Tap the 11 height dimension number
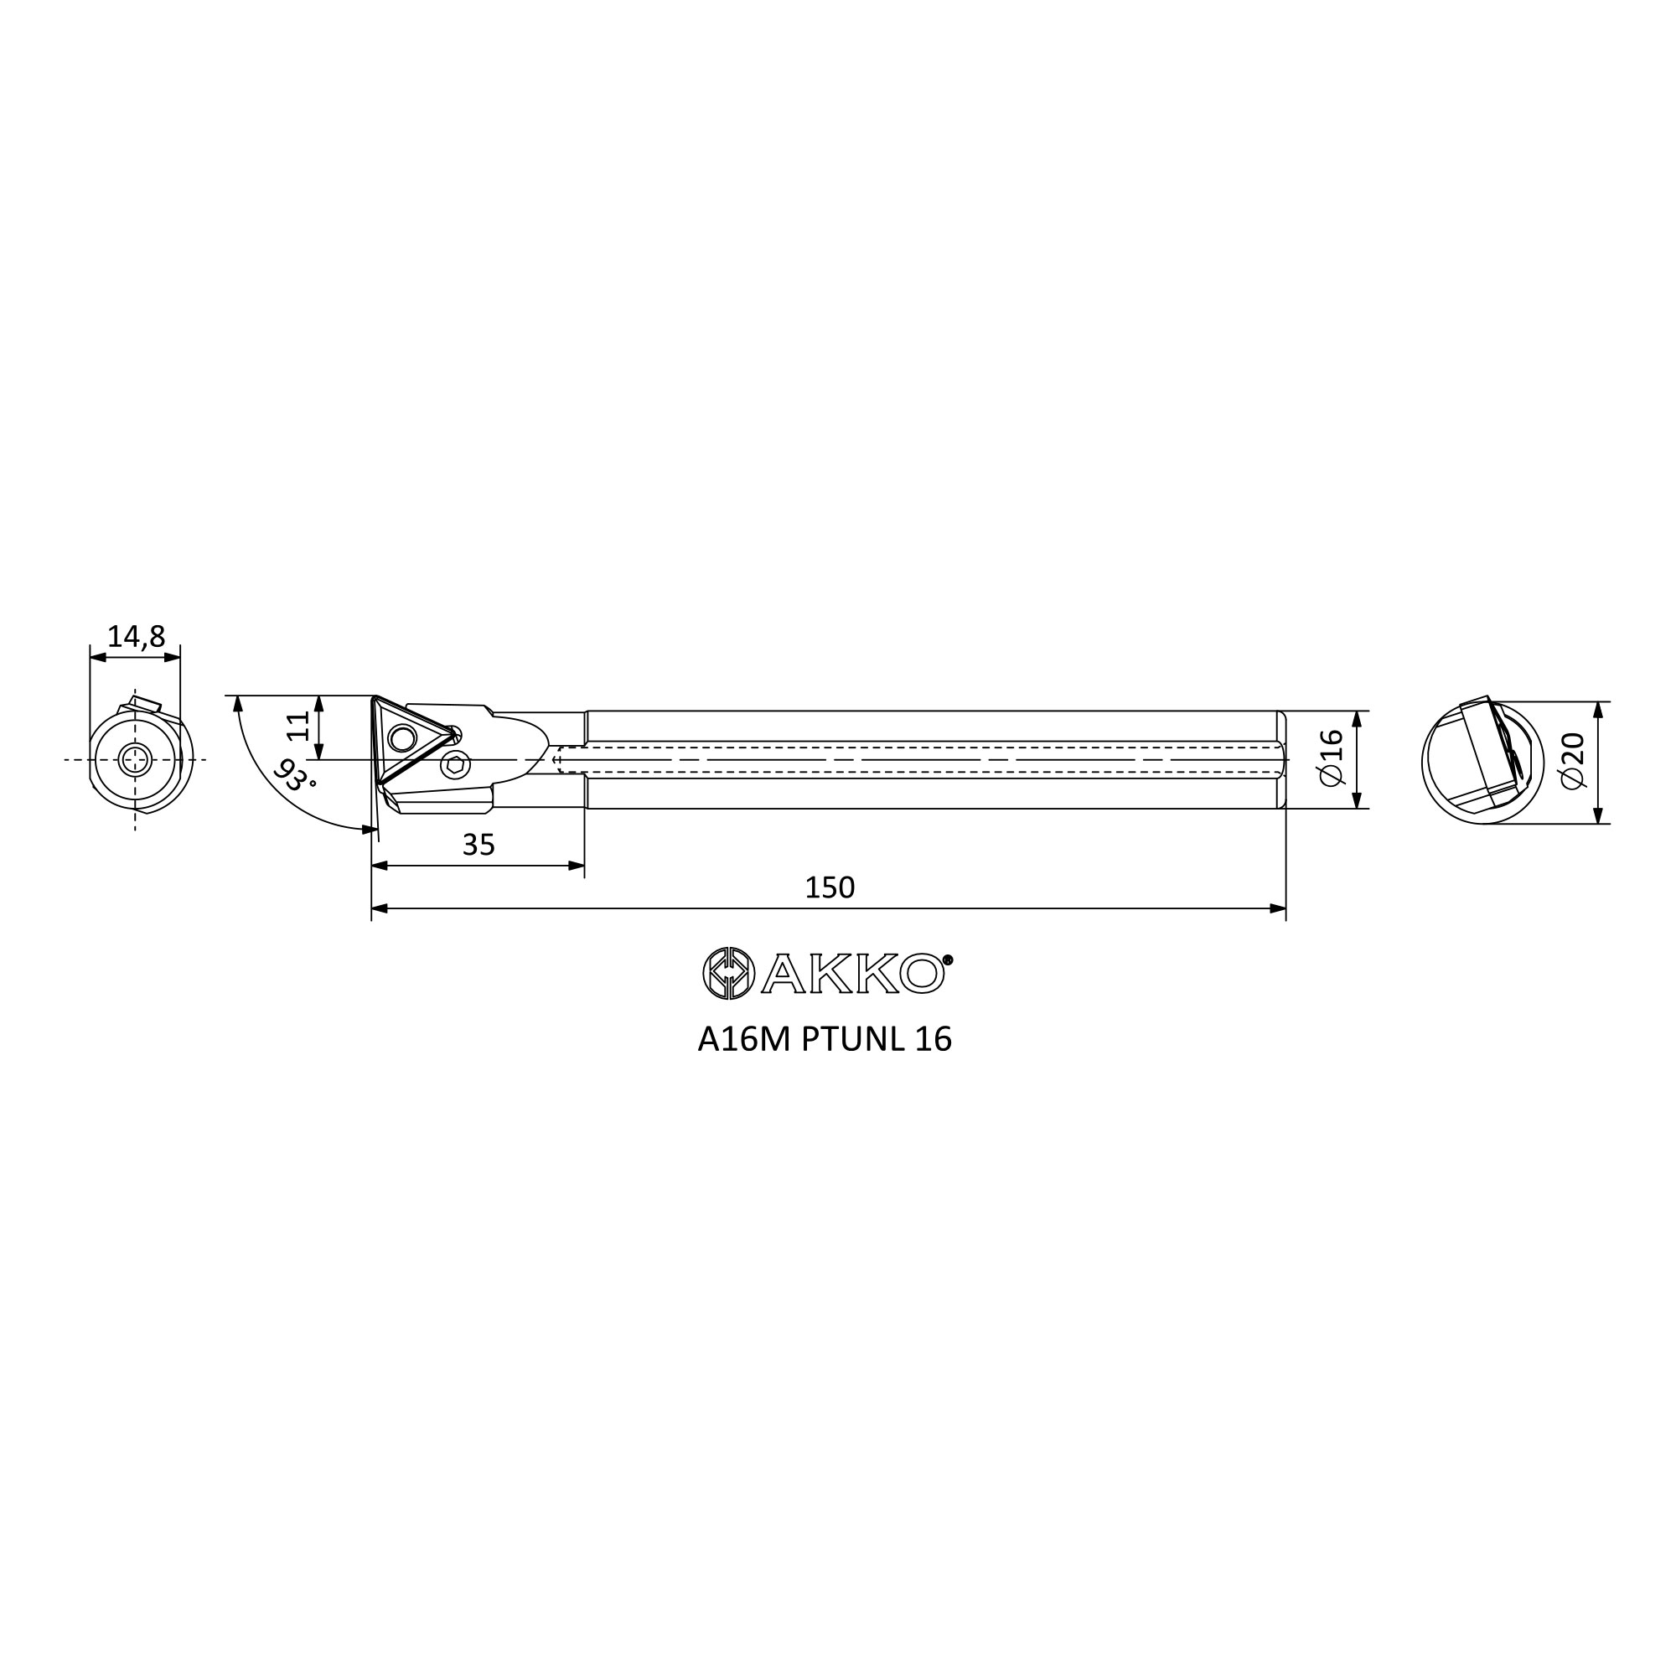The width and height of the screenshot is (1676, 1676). [x=298, y=725]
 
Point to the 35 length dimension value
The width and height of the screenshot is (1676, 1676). [x=478, y=844]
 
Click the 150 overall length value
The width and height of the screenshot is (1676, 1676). [x=830, y=887]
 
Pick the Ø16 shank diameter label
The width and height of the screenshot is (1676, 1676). [x=1331, y=758]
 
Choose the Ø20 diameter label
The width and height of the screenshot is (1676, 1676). [x=1572, y=761]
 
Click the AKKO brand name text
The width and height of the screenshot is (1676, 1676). [x=852, y=973]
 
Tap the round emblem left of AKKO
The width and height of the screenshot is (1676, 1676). [x=729, y=972]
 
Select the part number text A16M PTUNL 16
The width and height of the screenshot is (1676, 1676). [x=824, y=1039]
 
